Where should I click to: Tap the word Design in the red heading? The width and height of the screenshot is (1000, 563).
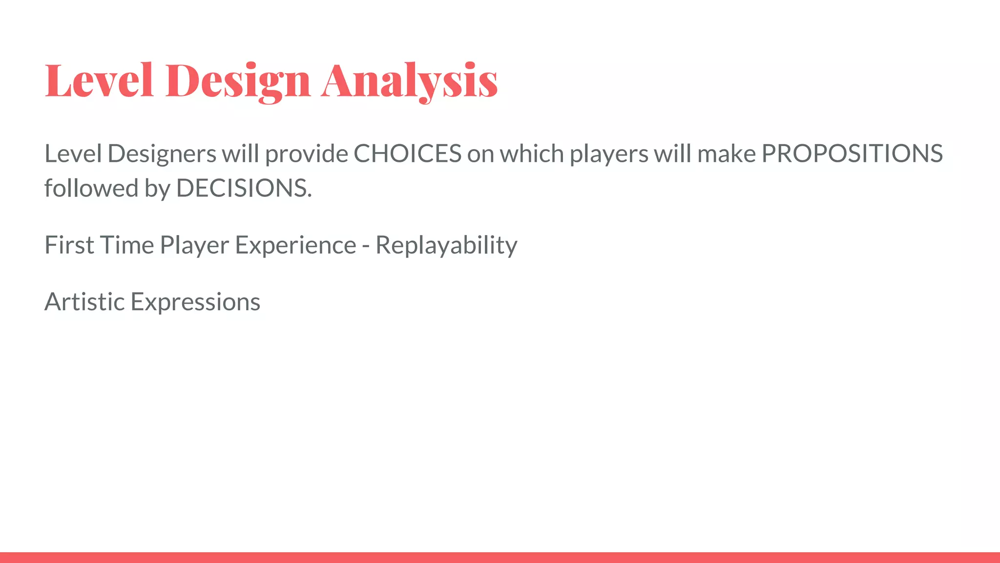pyautogui.click(x=238, y=81)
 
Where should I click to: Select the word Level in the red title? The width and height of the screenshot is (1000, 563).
pyautogui.click(x=99, y=81)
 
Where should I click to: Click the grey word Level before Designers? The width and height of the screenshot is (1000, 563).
pyautogui.click(x=73, y=154)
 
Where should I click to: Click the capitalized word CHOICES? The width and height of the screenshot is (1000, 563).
pyautogui.click(x=407, y=154)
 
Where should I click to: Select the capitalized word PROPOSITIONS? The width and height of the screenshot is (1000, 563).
pyautogui.click(x=852, y=154)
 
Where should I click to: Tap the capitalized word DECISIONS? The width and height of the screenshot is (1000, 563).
pyautogui.click(x=243, y=189)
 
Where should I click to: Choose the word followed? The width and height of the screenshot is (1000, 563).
pyautogui.click(x=91, y=189)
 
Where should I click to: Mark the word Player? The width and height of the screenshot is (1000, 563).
pyautogui.click(x=194, y=246)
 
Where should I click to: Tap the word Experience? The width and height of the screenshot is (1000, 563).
pyautogui.click(x=295, y=246)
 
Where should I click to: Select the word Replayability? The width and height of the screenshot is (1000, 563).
pyautogui.click(x=446, y=246)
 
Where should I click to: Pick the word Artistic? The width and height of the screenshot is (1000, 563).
pyautogui.click(x=84, y=302)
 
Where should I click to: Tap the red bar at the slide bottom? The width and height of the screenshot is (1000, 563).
pyautogui.click(x=500, y=557)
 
